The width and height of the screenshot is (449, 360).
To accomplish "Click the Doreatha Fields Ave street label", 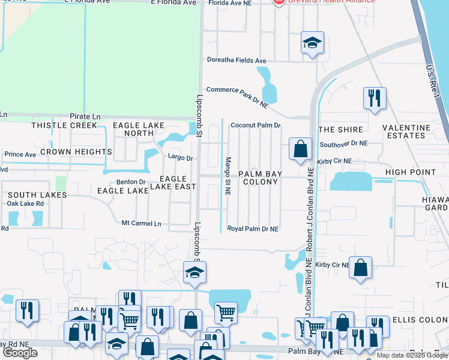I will click(x=236, y=61).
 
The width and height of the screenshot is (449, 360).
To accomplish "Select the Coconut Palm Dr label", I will click(x=256, y=125).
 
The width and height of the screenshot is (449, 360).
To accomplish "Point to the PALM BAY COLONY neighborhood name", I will click(x=260, y=178).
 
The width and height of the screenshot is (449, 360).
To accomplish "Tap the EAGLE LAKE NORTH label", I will click(x=138, y=129).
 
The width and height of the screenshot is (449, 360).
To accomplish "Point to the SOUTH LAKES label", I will click(x=37, y=195).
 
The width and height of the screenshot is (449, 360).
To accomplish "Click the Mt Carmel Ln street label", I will click(x=142, y=223).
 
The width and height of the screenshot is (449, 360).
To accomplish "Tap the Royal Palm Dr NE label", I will click(x=252, y=229).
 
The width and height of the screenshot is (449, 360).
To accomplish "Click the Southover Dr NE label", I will click(x=343, y=143).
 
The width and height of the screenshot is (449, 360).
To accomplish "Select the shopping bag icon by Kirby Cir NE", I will click(x=300, y=149).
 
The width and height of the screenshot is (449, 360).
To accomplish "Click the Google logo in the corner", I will click(x=20, y=352).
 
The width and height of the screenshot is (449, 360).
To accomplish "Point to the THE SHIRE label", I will click(x=340, y=130).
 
